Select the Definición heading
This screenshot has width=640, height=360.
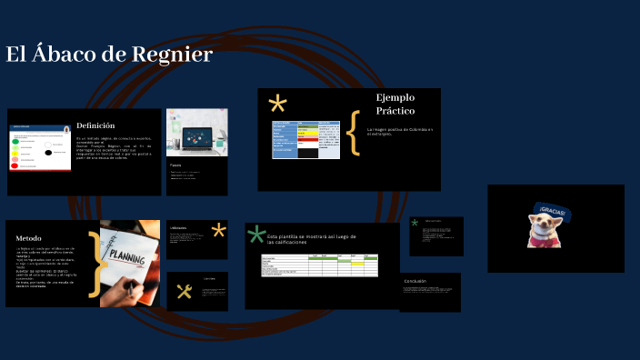95,125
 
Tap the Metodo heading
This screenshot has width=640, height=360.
28,238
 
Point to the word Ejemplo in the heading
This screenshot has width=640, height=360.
395,97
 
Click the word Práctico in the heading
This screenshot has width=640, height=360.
395,111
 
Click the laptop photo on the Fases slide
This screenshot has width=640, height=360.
196,133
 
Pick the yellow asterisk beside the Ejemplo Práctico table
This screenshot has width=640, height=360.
277,104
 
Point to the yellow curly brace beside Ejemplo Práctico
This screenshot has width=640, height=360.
354,134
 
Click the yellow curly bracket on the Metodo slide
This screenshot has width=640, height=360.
94,269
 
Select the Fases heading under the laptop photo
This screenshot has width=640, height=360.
175,165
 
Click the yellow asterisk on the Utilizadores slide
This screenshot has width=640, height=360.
218,230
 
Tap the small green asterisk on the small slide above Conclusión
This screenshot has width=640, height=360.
415,222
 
